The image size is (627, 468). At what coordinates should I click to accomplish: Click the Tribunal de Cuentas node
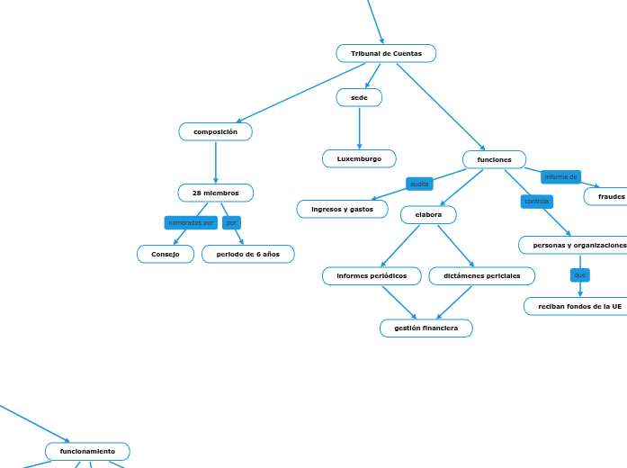click(386, 54)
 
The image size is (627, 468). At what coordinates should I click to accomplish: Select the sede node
click(359, 97)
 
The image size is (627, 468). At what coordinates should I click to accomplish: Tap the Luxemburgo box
click(359, 159)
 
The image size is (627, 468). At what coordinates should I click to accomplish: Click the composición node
click(216, 132)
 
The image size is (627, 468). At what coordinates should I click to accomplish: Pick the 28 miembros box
click(216, 193)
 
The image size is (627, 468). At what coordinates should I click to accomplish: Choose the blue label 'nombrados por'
click(191, 222)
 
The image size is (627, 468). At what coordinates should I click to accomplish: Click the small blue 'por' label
click(231, 222)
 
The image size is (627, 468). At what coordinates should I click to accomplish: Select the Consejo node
click(166, 255)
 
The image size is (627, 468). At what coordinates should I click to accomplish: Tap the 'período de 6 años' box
click(247, 255)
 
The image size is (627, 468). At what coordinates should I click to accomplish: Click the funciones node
click(494, 160)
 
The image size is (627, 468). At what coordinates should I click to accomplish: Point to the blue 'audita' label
click(419, 184)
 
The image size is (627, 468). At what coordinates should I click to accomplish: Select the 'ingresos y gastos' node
click(342, 210)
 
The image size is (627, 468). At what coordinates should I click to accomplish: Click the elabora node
click(428, 215)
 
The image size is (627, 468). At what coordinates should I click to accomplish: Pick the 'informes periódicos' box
click(372, 276)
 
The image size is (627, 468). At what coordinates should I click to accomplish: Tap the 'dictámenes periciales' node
click(481, 276)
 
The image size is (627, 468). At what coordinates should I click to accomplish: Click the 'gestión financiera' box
click(425, 328)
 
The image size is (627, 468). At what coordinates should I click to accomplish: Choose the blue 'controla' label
click(536, 202)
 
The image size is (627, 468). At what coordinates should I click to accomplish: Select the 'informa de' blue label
click(560, 177)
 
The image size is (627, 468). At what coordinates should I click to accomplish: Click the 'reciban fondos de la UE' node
click(576, 307)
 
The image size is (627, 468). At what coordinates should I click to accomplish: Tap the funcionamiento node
click(87, 451)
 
